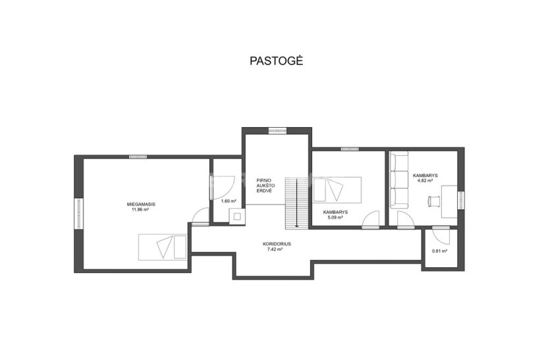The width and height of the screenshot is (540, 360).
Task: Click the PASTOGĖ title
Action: [276, 61]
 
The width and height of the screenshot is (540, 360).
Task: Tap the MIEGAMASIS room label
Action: [141, 205]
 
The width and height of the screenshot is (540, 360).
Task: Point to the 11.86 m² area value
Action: [140, 209]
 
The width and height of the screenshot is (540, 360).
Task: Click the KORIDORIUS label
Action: [277, 244]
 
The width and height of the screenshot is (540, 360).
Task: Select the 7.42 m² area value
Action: [275, 249]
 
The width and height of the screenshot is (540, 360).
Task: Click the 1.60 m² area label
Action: [229, 201]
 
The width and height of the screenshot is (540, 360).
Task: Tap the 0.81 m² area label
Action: [439, 251]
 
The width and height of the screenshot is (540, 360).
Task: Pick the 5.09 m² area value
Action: [335, 218]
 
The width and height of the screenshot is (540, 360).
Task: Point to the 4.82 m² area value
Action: [425, 180]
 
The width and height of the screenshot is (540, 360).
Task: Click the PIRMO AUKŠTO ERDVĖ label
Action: [265, 186]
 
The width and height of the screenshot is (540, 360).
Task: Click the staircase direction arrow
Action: [296, 203]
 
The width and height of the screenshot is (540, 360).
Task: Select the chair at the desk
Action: [434, 201]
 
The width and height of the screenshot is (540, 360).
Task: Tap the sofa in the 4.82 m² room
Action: [399, 180]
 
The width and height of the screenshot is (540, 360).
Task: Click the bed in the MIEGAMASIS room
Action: [163, 247]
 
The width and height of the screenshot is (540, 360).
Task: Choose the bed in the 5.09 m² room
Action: [337, 190]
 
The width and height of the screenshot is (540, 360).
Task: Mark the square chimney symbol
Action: [238, 217]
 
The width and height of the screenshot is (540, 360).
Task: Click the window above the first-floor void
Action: [278, 130]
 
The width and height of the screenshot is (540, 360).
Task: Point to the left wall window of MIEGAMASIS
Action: [79, 214]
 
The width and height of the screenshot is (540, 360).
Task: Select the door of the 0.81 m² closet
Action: [441, 235]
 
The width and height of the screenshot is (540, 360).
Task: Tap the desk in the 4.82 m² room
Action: [449, 201]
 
